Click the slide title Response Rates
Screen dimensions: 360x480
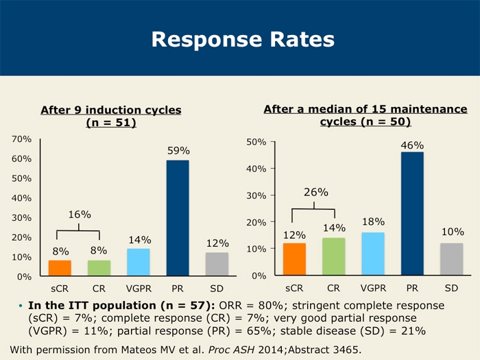[243, 39]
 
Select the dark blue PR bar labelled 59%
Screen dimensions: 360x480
[178, 217]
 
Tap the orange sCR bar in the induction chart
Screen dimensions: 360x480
[60, 268]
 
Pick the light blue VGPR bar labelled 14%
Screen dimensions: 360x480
[139, 262]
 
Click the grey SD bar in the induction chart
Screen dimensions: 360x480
[217, 264]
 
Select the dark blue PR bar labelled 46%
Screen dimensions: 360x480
[412, 213]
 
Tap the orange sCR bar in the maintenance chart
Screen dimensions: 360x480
[294, 259]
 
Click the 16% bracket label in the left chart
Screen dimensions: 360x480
[80, 215]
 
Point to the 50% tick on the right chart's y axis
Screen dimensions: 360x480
[256, 142]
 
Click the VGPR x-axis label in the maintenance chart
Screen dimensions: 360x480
[373, 288]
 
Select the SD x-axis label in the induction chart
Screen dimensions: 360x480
[217, 288]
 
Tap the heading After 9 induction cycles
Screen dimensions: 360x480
[111, 110]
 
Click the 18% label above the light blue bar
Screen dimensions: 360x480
[373, 222]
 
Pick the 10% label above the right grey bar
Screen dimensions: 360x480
[453, 232]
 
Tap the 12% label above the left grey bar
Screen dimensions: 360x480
[217, 243]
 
